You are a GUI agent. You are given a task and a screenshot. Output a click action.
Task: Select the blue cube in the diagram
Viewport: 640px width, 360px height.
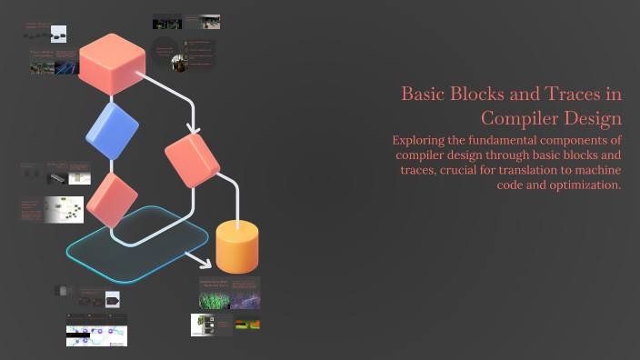click(111, 133)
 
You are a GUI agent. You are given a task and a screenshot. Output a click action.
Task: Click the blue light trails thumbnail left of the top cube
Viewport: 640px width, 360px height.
click(67, 66)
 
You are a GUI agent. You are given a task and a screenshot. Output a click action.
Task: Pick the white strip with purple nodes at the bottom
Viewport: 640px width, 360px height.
click(96, 334)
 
